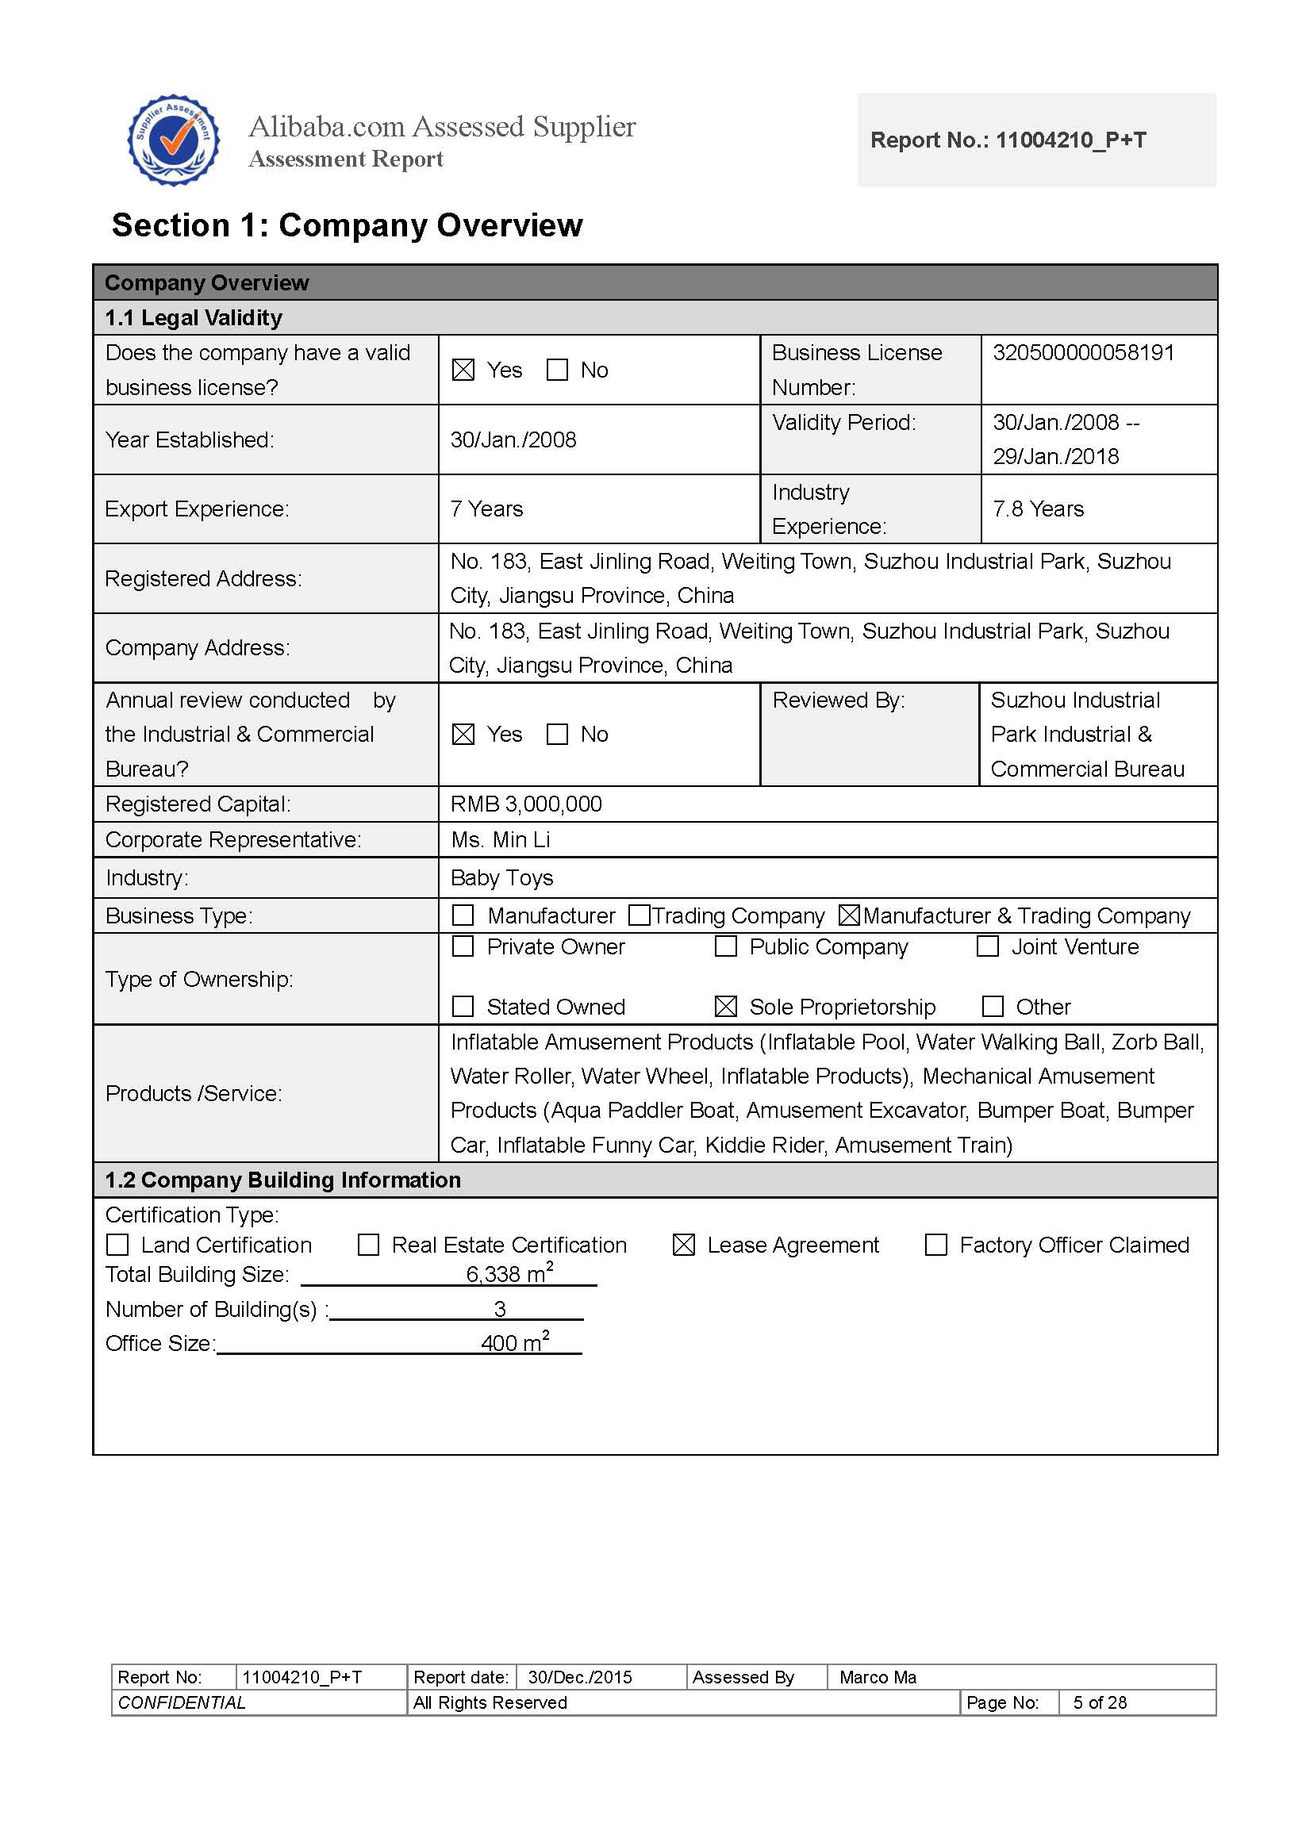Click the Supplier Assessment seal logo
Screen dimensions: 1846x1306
pos(174,140)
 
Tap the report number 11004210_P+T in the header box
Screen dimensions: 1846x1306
pos(1008,140)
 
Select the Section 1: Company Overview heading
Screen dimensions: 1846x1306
pos(347,225)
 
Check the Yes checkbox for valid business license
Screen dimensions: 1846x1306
pos(463,370)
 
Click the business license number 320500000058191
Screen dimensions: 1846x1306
pos(1083,353)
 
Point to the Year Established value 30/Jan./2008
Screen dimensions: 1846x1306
pos(513,439)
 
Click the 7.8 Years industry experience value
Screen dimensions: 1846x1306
pos(1038,509)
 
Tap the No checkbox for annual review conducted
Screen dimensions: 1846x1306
pos(557,734)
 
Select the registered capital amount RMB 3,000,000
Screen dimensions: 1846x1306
pos(526,804)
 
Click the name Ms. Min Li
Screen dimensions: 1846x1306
pos(500,839)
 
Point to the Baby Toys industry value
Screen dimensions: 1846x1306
pos(501,877)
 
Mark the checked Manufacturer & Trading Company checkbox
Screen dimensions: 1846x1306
pos(849,915)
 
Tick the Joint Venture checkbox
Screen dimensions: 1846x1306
pos(988,946)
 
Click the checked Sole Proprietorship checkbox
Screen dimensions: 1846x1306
pos(725,1006)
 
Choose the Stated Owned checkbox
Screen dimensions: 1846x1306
pos(463,1006)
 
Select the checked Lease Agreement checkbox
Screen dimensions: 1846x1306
pos(684,1245)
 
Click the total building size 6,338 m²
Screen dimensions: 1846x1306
pos(509,1273)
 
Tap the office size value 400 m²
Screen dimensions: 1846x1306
pos(515,1343)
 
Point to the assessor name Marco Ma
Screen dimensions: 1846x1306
pos(878,1677)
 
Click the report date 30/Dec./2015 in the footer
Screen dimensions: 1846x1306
pos(580,1677)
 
